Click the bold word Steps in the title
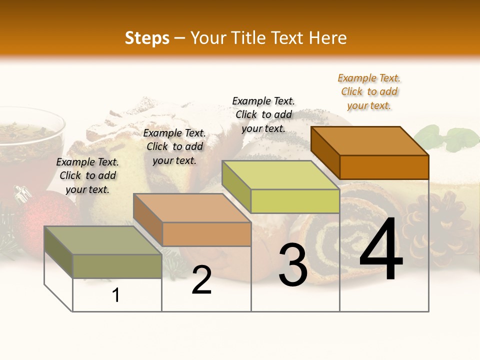pos(147,38)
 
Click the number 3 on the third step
pos(293,265)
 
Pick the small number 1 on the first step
pos(116,295)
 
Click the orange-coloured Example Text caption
pos(369,91)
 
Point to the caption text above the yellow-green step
pos(263,114)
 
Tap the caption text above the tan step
pos(174,146)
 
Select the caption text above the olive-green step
pos(87,175)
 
